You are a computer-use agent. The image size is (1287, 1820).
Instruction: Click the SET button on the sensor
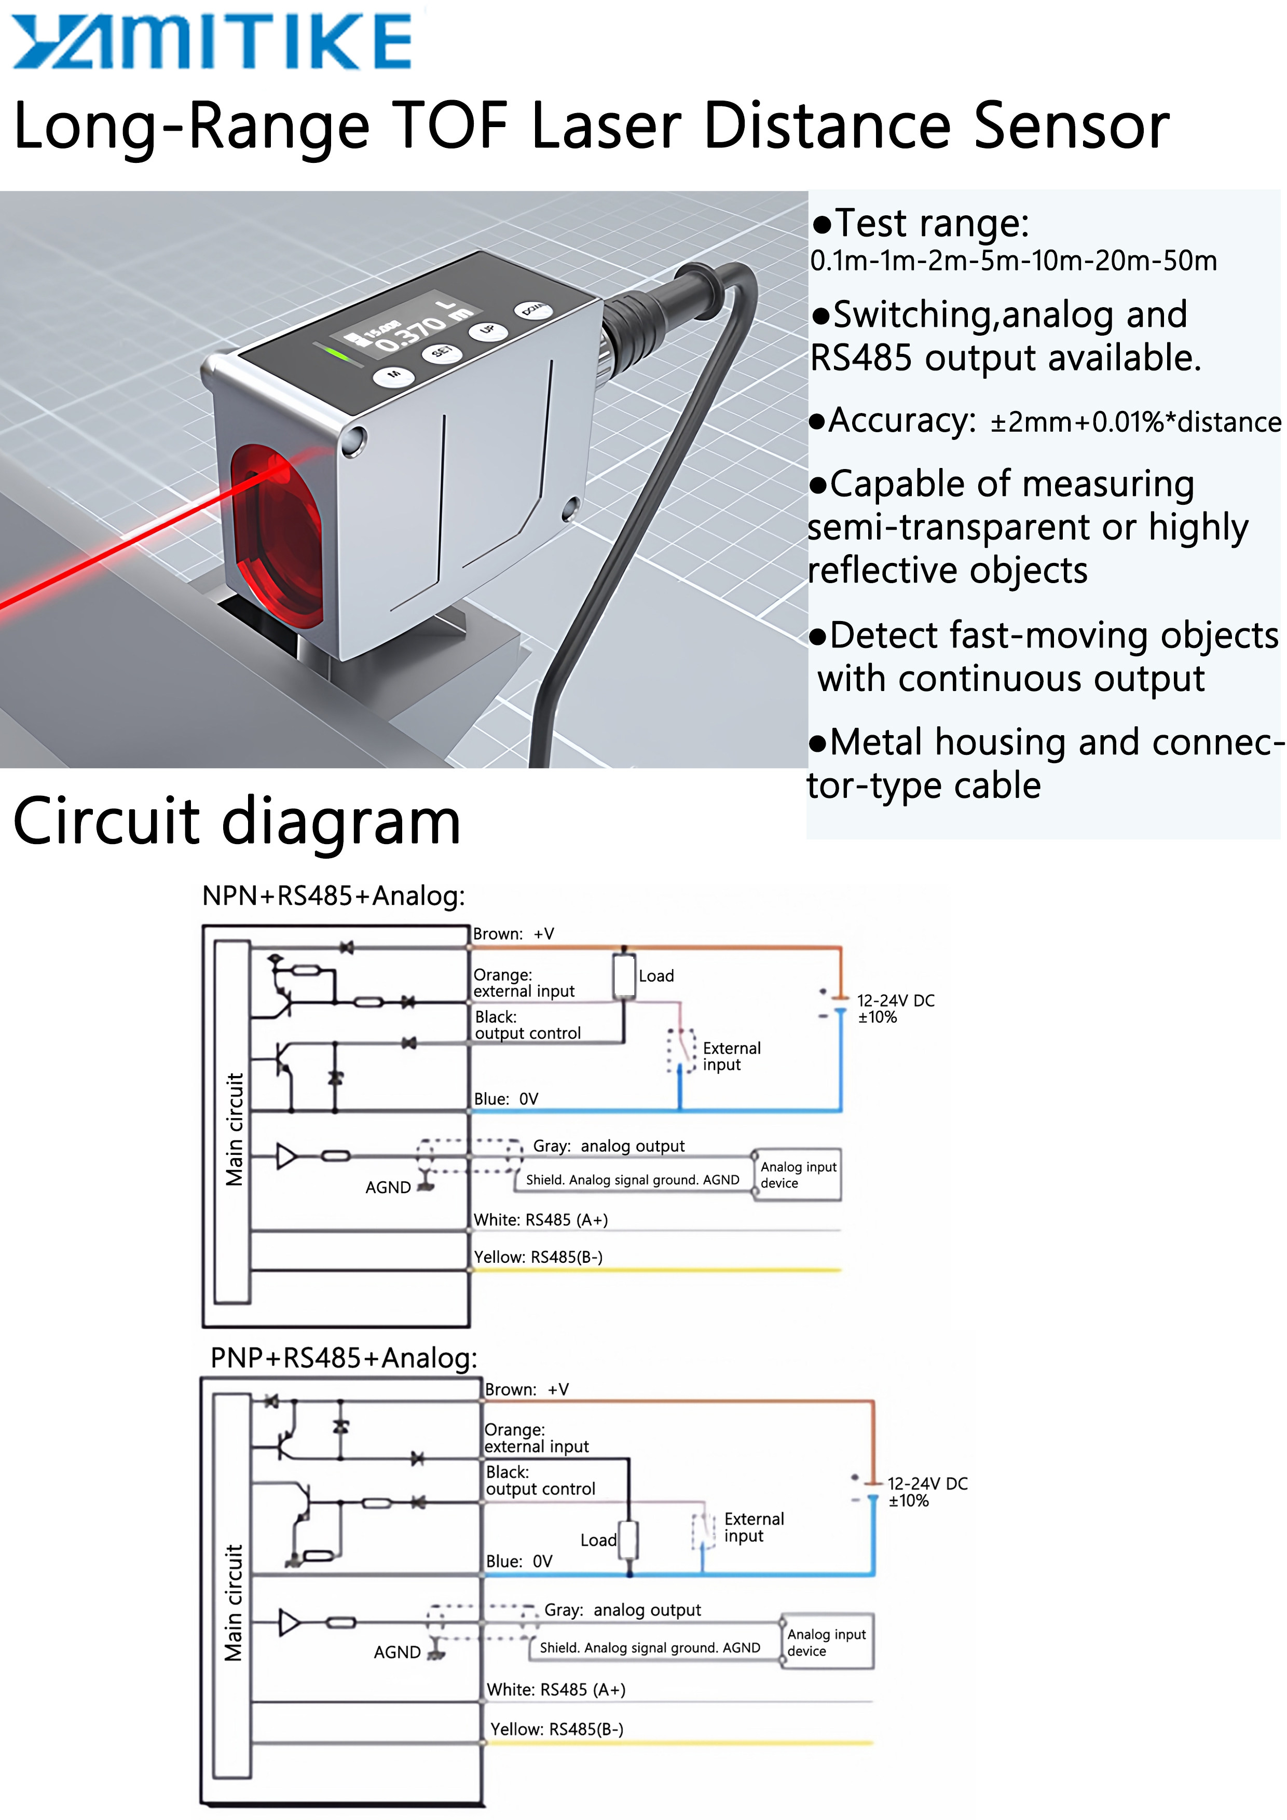pos(440,352)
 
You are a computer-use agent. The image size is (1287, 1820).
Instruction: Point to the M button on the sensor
pos(393,374)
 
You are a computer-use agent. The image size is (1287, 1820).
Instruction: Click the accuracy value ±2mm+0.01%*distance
pos(1135,422)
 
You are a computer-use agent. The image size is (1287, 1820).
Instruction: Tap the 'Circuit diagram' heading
pos(236,821)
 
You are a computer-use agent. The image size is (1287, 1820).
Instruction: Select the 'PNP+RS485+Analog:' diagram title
pos(344,1358)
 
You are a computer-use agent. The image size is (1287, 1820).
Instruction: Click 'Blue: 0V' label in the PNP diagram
pos(518,1561)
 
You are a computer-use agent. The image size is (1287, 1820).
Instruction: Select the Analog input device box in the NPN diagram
pos(797,1175)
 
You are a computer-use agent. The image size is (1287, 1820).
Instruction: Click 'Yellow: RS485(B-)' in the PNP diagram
pos(557,1729)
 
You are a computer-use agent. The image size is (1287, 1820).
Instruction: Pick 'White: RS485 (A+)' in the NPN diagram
pos(540,1220)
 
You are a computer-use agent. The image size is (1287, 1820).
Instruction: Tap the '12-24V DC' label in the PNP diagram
pos(927,1484)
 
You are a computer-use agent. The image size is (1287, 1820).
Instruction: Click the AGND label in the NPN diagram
pos(388,1188)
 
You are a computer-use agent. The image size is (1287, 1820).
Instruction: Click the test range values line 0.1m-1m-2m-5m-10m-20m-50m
pos(1012,261)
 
